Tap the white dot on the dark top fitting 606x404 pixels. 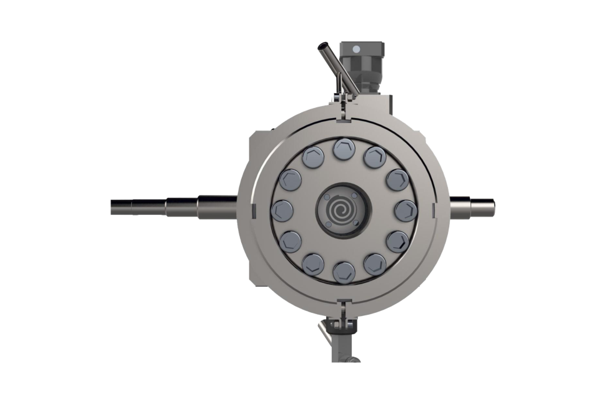355,48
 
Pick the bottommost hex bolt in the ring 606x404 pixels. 343,270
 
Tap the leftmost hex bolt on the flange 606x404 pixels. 282,209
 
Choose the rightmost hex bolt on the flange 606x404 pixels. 402,209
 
